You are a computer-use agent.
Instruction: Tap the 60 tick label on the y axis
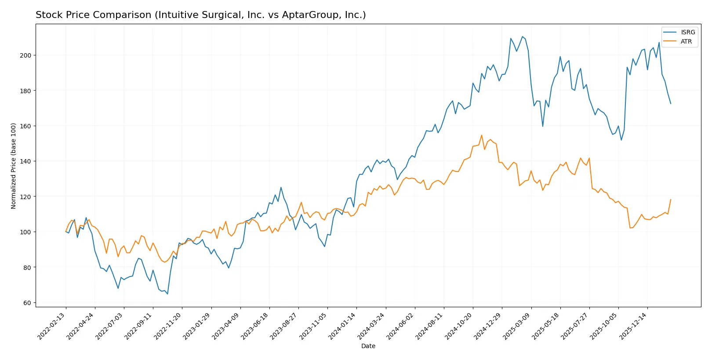coord(27,303)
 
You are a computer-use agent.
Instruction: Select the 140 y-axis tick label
coord(25,161)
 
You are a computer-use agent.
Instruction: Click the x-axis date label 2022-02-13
coord(52,326)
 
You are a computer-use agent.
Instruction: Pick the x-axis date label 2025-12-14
coord(633,326)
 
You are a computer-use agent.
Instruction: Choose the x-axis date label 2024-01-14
coord(342,326)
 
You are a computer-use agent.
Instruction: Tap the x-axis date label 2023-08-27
coord(284,326)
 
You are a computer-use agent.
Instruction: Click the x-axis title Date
coord(368,346)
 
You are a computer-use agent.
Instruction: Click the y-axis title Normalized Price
coord(13,166)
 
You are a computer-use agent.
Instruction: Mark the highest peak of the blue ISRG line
coord(522,36)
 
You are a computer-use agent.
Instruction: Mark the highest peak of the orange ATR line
coord(482,135)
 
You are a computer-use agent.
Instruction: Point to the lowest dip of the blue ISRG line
coord(167,294)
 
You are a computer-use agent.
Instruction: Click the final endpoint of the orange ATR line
coord(671,200)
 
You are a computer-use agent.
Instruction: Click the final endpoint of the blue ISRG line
coord(671,104)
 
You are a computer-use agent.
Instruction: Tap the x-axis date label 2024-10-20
coord(459,326)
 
